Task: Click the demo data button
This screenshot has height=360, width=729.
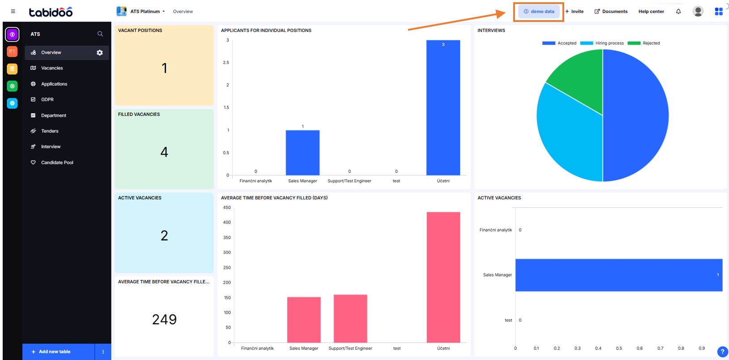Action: tap(539, 12)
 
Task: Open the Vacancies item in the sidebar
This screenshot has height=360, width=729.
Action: tap(51, 68)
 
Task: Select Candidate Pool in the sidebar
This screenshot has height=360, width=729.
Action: tap(57, 163)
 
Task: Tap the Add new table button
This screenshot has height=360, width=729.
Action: tap(54, 352)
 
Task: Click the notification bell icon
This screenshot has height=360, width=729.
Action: tap(678, 12)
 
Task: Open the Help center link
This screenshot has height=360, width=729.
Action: tap(651, 12)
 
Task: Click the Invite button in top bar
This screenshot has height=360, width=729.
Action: tap(575, 12)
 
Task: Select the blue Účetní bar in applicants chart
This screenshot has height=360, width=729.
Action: tap(443, 107)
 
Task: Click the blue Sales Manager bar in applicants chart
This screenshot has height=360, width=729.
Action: tap(303, 152)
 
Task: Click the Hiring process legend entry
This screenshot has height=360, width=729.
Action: tap(602, 43)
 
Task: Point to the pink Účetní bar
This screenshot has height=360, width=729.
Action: tap(443, 278)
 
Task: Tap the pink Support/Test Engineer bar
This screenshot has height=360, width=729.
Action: tap(350, 318)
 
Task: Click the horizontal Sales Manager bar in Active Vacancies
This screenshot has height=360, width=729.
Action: tap(618, 275)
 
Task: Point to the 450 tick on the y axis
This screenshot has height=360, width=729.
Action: tap(227, 208)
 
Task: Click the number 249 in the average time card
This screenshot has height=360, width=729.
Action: tap(164, 319)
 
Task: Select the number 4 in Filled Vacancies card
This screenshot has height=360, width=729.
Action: tap(164, 152)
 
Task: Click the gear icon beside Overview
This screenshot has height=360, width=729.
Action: tap(100, 53)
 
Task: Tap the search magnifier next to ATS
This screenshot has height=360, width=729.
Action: tap(100, 34)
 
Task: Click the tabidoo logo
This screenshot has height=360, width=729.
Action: tap(51, 12)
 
